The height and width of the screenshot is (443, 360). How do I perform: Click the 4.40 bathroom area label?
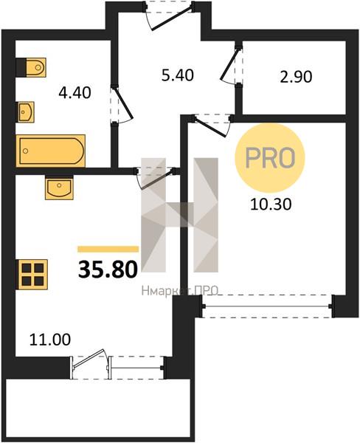point(75,93)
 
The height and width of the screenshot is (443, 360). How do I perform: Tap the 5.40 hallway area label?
point(178,76)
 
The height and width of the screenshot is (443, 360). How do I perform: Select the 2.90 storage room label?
point(296,77)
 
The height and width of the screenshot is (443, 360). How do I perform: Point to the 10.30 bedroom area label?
point(271,205)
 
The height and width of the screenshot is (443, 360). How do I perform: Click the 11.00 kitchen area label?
point(50,340)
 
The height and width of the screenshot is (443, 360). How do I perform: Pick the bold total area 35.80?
point(108,269)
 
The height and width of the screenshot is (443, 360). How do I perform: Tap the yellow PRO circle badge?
point(270,158)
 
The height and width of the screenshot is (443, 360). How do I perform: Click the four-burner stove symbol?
point(33,275)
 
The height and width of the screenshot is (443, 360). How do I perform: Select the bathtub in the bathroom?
point(51,151)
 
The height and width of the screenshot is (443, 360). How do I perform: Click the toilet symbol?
point(32,67)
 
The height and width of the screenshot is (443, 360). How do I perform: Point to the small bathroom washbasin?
point(26,112)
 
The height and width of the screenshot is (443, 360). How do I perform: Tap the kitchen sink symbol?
point(59,188)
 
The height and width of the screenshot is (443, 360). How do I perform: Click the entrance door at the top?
point(169,15)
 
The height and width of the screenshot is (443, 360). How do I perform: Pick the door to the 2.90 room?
point(231,65)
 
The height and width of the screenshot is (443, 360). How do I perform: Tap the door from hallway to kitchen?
point(156,177)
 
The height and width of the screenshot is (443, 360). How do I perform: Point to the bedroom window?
point(267,306)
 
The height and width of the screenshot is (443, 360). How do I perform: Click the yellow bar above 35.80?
point(108,249)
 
